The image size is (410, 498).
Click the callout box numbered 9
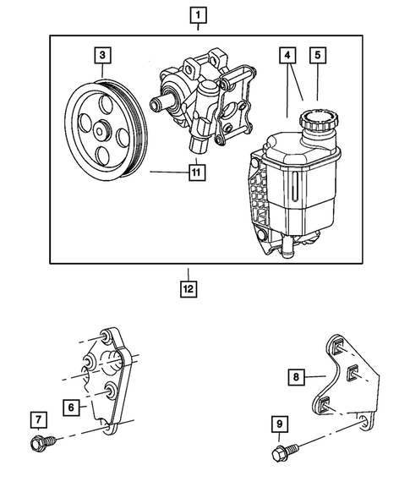pos(280,424)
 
